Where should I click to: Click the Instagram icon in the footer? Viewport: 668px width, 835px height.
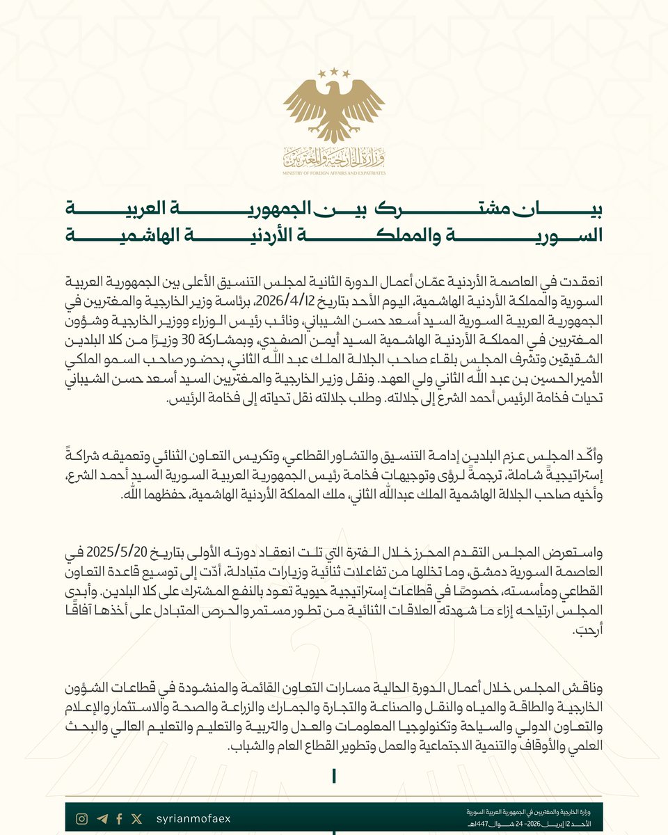81,819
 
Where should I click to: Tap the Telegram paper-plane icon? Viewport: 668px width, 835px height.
102,819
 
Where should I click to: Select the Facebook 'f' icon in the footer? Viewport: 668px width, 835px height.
120,819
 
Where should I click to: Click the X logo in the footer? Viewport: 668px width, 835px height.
136,819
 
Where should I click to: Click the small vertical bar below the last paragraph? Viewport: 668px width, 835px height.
335,774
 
